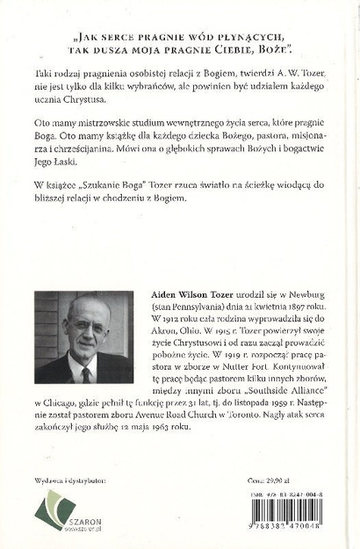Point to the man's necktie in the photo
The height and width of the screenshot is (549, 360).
pyautogui.click(x=86, y=372)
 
